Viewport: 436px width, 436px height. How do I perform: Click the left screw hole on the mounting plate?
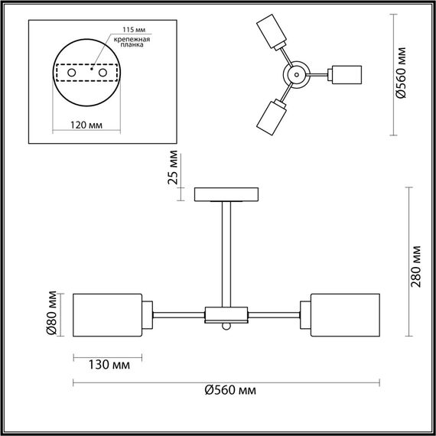pyautogui.click(x=72, y=72)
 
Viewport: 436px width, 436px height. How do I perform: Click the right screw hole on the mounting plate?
pyautogui.click(x=99, y=72)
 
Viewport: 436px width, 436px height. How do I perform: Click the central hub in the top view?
pyautogui.click(x=295, y=74)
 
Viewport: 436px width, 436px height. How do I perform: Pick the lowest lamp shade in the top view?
pyautogui.click(x=270, y=115)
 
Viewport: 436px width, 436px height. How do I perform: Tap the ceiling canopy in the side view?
pyautogui.click(x=227, y=194)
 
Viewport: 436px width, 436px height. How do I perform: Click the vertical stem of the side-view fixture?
pyautogui.click(x=227, y=252)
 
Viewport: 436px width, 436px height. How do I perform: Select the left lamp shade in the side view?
pyautogui.click(x=108, y=314)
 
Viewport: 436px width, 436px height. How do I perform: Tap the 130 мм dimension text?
pyautogui.click(x=108, y=365)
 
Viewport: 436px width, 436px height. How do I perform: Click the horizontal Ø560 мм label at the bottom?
pyautogui.click(x=229, y=391)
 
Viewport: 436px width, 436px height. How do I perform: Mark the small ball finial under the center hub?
pyautogui.click(x=226, y=327)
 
